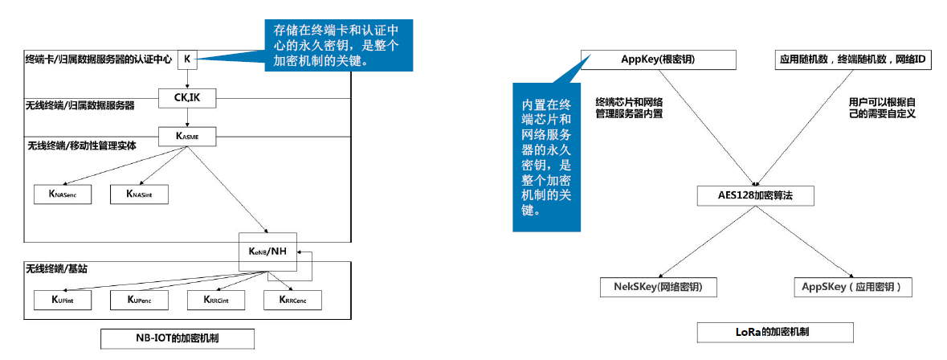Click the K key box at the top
186,59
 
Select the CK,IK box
186,98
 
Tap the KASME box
186,137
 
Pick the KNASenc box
62,194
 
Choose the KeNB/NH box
267,252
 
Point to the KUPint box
62,300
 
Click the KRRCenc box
292,300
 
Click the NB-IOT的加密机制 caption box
178,338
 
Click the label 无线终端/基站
56,268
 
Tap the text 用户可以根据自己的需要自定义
882,108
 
